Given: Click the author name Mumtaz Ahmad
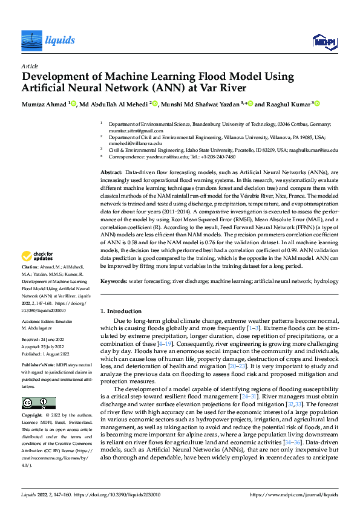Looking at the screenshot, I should (44, 104).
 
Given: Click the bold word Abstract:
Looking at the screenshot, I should (111, 173).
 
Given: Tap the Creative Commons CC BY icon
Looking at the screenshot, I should (38, 403).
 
